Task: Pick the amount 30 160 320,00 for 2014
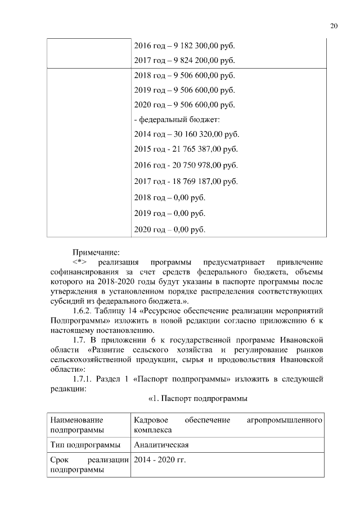pyautogui.click(x=199, y=135)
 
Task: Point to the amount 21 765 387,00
pyautogui.click(x=197, y=150)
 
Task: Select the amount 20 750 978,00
pyautogui.click(x=197, y=165)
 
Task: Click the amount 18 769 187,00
pyautogui.click(x=197, y=181)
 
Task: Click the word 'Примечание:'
pyautogui.click(x=96, y=253)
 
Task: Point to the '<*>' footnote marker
pyautogui.click(x=79, y=263)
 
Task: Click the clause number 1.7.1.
pyautogui.click(x=85, y=379)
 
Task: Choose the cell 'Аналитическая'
pyautogui.click(x=161, y=445)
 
